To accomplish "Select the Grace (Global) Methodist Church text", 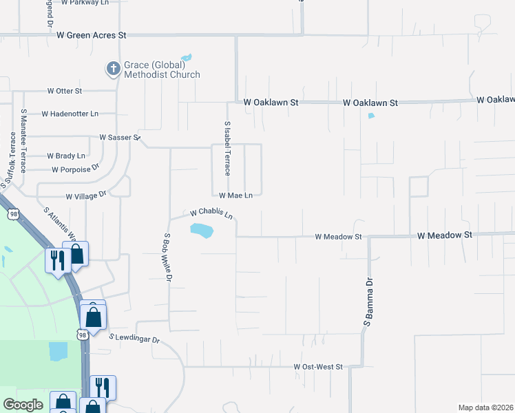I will coord(162,70).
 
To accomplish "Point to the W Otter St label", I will coord(64,91).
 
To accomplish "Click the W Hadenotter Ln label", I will coord(70,114).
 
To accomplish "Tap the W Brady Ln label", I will coord(65,156).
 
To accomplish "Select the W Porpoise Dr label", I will coord(76,168).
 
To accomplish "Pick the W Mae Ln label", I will coord(235,195).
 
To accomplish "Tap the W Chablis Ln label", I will coord(211,213).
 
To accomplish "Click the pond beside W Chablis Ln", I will coord(202,231).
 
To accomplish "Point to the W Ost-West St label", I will coord(318,367).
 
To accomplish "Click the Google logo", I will coord(23,405).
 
